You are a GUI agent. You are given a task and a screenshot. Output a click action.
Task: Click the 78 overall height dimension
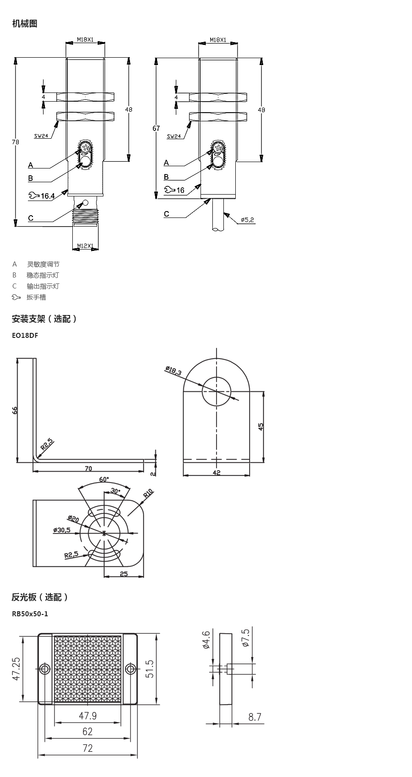coord(15,142)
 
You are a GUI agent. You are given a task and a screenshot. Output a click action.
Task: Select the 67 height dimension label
coord(157,128)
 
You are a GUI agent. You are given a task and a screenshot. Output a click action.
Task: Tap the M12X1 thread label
coord(85,246)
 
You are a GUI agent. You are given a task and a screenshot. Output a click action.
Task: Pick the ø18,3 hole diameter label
coord(173,370)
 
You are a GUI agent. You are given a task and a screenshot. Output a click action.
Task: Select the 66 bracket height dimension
coord(15,410)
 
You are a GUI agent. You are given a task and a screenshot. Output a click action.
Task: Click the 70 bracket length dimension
coord(88,469)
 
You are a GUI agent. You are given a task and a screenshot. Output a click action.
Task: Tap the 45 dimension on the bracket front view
coord(261,427)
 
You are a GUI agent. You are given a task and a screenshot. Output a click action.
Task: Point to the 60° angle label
coord(104,479)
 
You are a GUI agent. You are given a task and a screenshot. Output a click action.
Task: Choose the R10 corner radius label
coord(148,493)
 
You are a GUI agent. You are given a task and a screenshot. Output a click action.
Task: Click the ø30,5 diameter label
coord(62,530)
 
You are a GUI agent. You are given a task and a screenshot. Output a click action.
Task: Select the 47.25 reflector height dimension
coord(16,669)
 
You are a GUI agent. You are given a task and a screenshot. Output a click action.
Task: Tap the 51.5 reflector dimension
coord(150,669)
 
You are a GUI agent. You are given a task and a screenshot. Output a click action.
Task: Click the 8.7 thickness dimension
coord(255,717)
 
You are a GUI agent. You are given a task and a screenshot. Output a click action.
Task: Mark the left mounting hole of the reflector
coord(45,668)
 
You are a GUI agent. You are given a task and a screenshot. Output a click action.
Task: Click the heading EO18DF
coord(25,336)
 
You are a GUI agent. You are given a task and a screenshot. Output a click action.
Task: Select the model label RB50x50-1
coord(30,614)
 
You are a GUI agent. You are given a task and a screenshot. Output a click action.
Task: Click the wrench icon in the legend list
coord(16,297)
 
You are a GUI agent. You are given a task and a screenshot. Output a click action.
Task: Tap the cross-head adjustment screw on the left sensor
coord(86,148)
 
